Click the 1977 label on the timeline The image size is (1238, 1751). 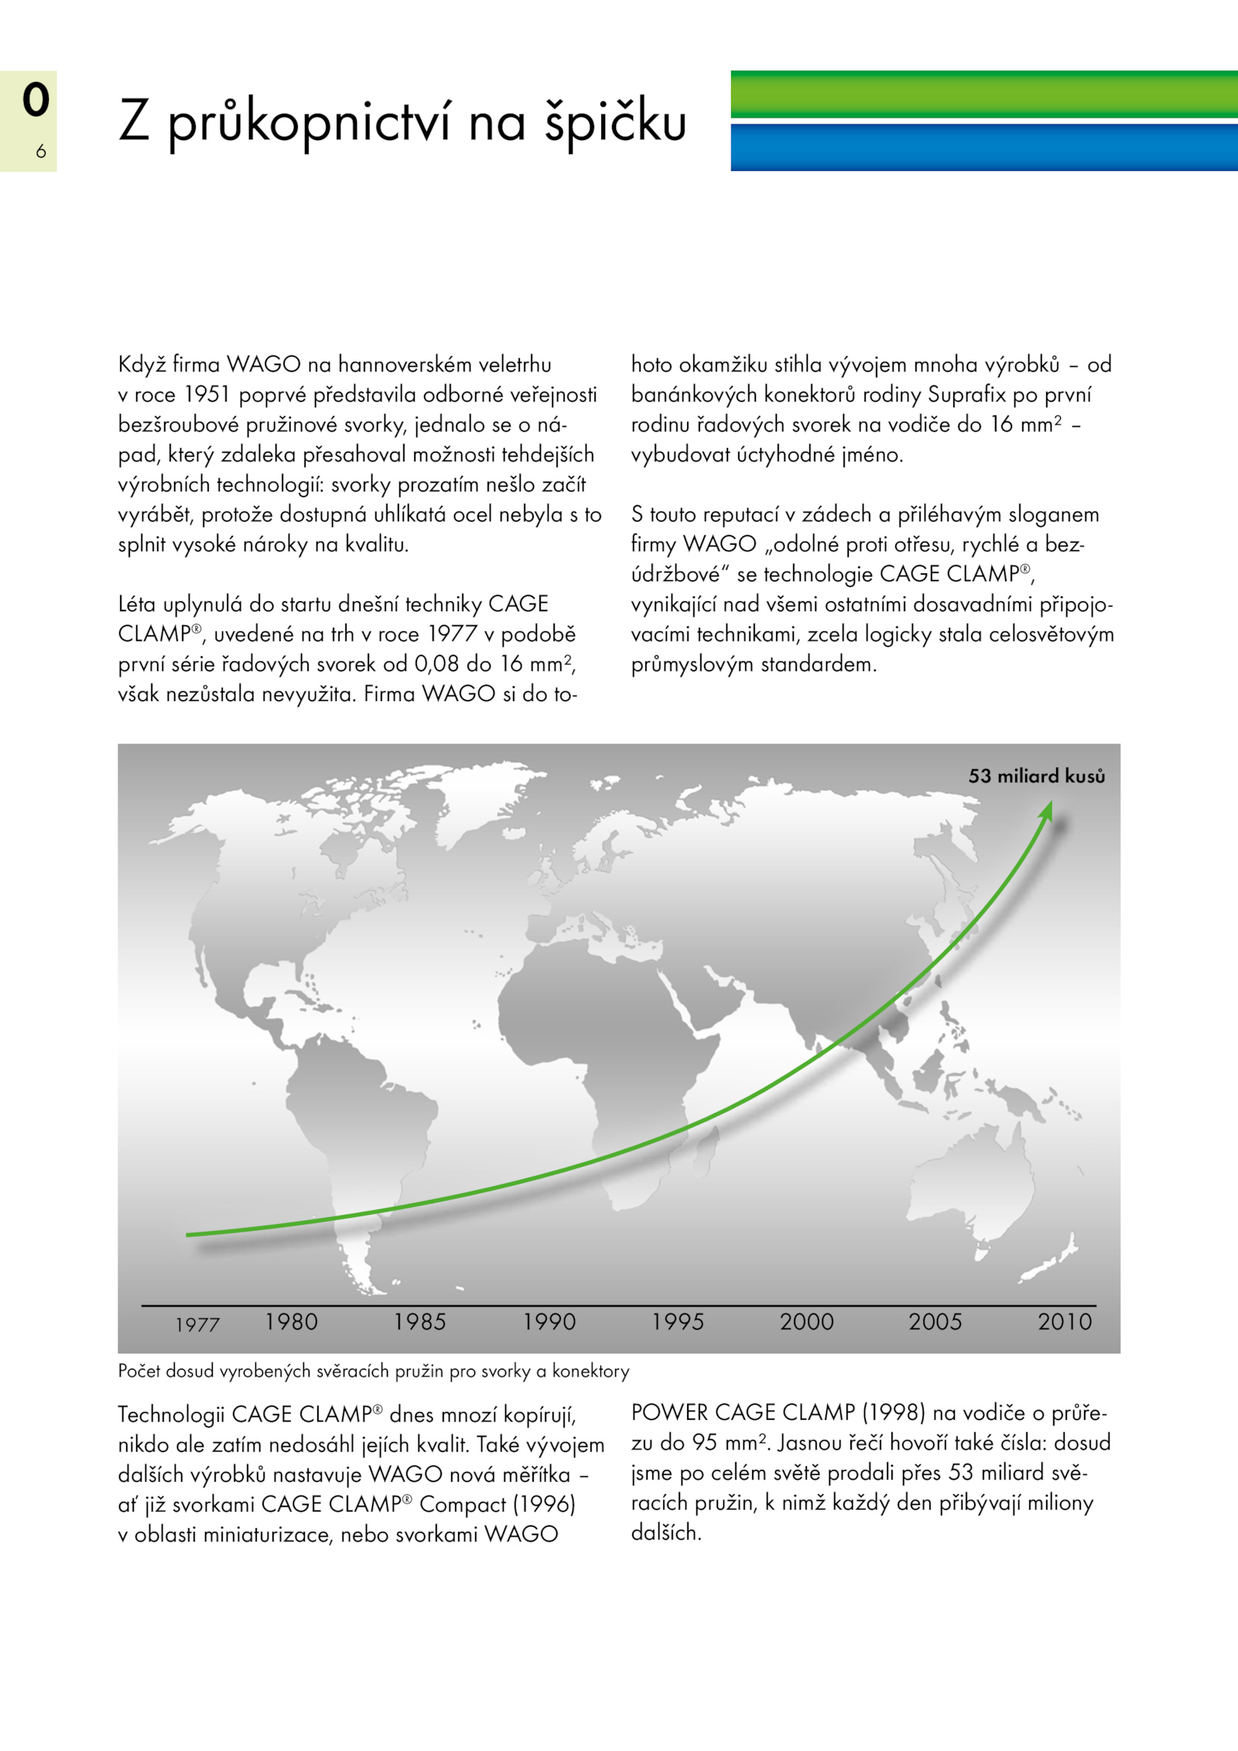click(x=197, y=1325)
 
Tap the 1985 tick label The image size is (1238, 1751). click(x=419, y=1322)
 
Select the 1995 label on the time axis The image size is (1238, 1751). click(x=678, y=1322)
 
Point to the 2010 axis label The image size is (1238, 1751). click(x=1065, y=1322)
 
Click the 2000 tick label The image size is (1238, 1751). click(x=807, y=1322)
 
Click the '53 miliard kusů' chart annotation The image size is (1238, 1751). click(x=1037, y=776)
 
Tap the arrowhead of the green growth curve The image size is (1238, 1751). click(x=1047, y=809)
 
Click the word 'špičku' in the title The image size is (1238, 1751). click(x=615, y=122)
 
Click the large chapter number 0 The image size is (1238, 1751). click(x=36, y=100)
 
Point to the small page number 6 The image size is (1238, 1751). click(x=41, y=152)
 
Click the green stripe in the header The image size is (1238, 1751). click(x=983, y=95)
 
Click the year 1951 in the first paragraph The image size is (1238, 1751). click(x=207, y=395)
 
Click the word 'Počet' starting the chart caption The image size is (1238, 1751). click(x=139, y=1371)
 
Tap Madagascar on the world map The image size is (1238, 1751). click(x=708, y=1144)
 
